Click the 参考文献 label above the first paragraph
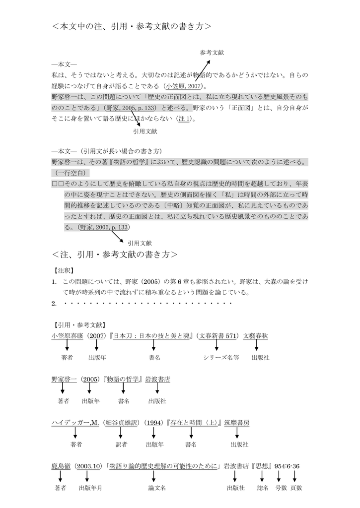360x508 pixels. (x=212, y=52)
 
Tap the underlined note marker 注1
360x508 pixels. (x=184, y=119)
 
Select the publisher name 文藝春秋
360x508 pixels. (x=255, y=336)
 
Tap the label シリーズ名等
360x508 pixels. (x=221, y=357)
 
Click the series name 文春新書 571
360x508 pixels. (x=216, y=336)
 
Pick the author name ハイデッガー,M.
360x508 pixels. (x=75, y=423)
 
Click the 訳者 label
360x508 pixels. (x=121, y=444)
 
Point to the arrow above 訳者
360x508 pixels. (x=121, y=433)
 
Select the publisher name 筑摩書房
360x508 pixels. (x=236, y=423)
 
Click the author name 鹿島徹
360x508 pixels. (x=62, y=466)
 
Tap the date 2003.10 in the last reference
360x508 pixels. (x=89, y=466)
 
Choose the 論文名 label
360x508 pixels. (x=157, y=488)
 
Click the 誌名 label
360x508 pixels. (x=263, y=488)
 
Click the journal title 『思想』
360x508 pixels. (x=263, y=466)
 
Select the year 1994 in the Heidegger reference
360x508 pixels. (x=154, y=423)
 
